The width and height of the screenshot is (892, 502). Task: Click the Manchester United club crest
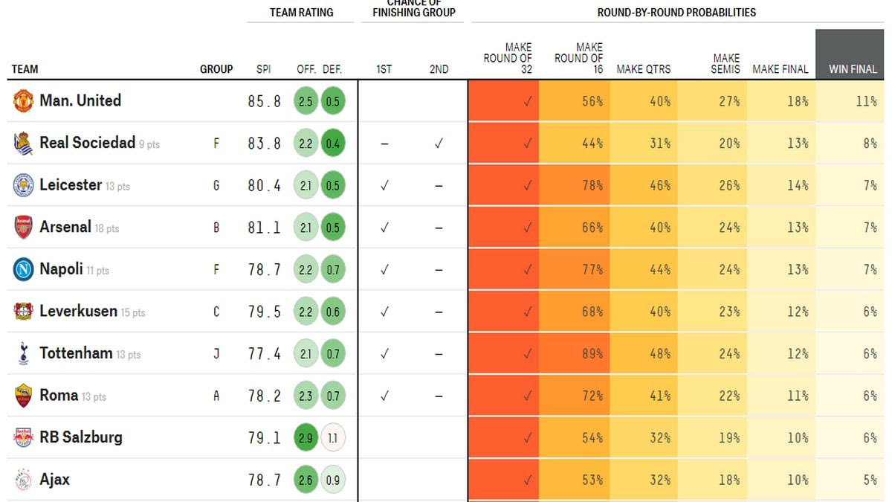click(23, 100)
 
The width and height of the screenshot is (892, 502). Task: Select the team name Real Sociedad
click(87, 143)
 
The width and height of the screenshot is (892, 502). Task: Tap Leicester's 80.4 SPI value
click(264, 185)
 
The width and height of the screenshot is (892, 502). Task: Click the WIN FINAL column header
click(853, 69)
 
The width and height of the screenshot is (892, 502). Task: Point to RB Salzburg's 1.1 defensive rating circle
click(332, 438)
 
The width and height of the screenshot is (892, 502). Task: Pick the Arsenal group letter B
click(216, 228)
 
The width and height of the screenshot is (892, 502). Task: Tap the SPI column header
click(263, 69)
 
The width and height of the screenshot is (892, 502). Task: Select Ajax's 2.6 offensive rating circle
click(306, 480)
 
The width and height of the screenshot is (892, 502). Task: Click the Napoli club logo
click(23, 269)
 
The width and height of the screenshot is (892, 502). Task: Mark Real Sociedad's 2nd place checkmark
click(439, 144)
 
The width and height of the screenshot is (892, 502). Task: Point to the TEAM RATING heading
click(301, 13)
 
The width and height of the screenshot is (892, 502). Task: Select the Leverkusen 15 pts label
click(133, 313)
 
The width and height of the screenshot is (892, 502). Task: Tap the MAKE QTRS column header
click(643, 69)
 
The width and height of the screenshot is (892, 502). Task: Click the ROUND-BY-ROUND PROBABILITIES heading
click(676, 13)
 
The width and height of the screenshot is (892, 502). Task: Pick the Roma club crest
click(23, 396)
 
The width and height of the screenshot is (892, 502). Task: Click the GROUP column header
click(216, 69)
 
